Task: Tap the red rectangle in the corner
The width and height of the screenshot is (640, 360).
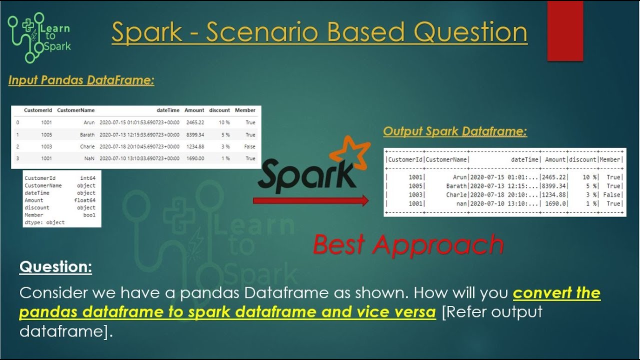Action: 565,31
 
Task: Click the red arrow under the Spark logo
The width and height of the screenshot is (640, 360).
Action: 310,200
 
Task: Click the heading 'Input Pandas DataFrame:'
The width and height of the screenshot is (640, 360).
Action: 81,80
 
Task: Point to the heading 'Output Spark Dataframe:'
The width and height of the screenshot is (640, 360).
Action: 455,131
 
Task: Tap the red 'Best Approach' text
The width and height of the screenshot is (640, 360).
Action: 408,244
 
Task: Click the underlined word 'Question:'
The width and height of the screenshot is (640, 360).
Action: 55,267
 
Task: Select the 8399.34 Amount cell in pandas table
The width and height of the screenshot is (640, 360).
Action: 195,135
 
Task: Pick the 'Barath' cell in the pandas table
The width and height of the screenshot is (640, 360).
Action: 87,135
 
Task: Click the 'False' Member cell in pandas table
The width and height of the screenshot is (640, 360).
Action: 249,147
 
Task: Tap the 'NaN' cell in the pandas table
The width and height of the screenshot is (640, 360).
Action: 89,158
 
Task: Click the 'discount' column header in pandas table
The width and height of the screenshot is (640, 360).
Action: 219,110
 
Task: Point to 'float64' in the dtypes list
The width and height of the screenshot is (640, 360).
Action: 87,200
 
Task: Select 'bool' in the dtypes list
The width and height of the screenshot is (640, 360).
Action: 89,215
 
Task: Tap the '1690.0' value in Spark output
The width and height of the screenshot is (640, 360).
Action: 555,204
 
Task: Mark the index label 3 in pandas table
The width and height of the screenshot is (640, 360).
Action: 17,158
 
